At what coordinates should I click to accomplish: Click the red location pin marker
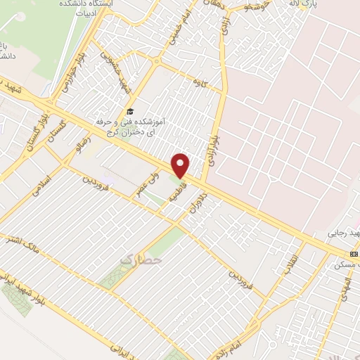pyautogui.click(x=181, y=165)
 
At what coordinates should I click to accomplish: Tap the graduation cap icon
pyautogui.click(x=129, y=111)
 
